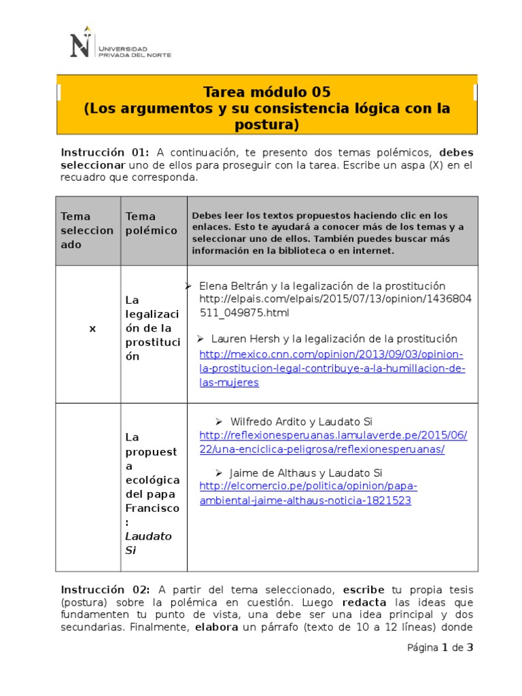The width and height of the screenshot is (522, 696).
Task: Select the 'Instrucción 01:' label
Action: (x=105, y=152)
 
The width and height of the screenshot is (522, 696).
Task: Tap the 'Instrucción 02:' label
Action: (x=105, y=589)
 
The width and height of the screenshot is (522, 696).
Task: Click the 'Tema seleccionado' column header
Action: (x=87, y=230)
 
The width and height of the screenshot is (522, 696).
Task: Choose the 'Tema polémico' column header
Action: (x=151, y=224)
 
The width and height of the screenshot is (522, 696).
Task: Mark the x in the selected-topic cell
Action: (x=92, y=328)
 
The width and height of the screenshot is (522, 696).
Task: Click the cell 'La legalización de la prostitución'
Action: (x=152, y=328)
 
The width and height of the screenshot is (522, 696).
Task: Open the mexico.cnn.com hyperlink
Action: (x=332, y=368)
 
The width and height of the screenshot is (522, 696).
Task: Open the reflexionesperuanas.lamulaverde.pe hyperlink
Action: (x=333, y=442)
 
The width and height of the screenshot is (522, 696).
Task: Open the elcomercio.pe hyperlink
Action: (x=308, y=493)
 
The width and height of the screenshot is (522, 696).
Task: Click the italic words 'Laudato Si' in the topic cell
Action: (x=148, y=543)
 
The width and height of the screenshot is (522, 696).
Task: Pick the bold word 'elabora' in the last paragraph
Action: (x=216, y=627)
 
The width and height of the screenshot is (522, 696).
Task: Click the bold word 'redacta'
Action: (x=364, y=602)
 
